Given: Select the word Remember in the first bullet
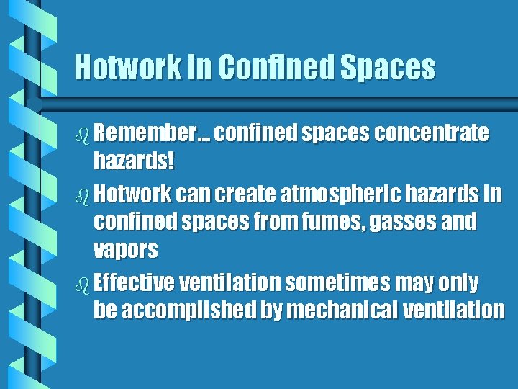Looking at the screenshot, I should click(145, 134).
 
